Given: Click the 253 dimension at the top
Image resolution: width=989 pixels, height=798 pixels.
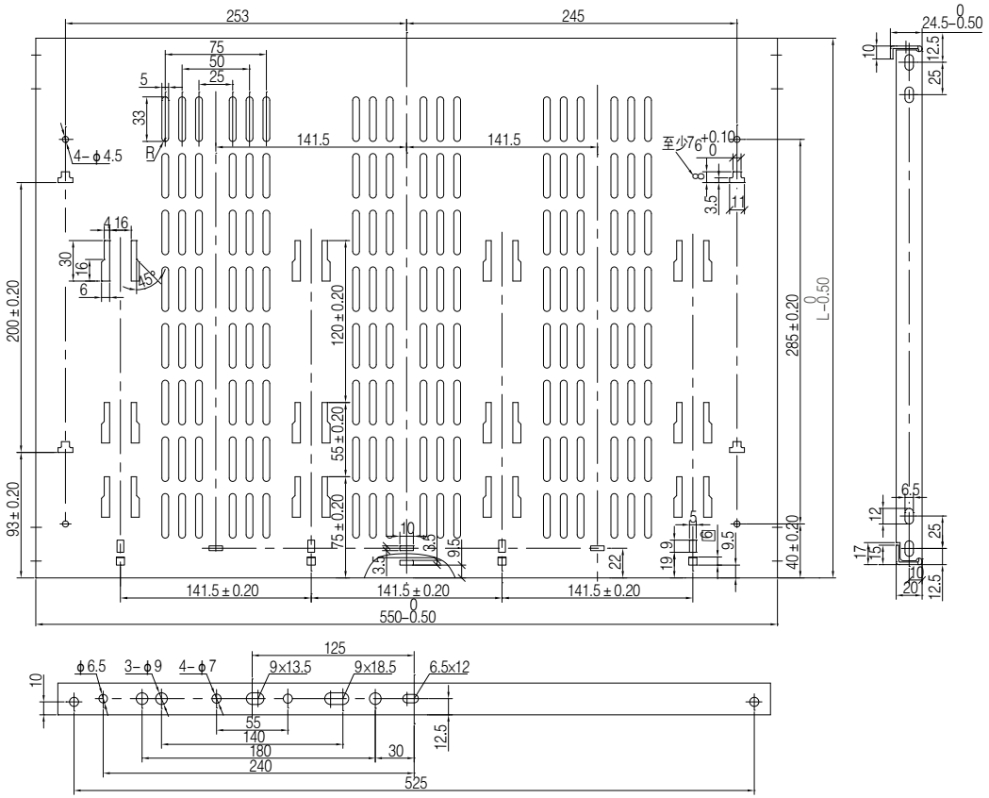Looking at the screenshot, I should [234, 15].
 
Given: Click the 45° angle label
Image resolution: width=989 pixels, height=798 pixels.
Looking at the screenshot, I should [147, 280].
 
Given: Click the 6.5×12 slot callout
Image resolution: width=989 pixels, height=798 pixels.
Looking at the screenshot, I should [449, 667].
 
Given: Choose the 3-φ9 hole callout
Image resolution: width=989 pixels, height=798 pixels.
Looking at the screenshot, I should [144, 667].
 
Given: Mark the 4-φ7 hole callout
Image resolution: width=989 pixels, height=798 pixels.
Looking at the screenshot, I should [195, 667].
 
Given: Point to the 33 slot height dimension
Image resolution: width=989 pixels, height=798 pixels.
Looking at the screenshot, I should [140, 117].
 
